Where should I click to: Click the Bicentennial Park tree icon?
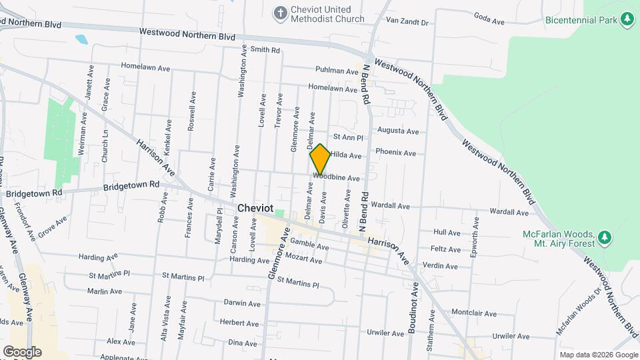tap(626, 20)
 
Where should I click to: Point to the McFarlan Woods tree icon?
tap(604, 238)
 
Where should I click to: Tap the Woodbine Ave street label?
tap(337, 179)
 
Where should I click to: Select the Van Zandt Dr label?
tap(407, 22)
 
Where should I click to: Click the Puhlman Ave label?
tap(337, 71)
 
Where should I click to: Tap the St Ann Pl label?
tap(347, 137)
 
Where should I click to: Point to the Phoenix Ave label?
tap(396, 152)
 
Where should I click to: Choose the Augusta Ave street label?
tap(398, 131)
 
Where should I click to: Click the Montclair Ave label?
tap(474, 313)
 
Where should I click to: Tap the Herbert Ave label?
tap(239, 323)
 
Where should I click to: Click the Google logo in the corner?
tap(22, 351)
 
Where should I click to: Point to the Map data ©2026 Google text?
tap(598, 355)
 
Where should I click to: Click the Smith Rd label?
tap(265, 50)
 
